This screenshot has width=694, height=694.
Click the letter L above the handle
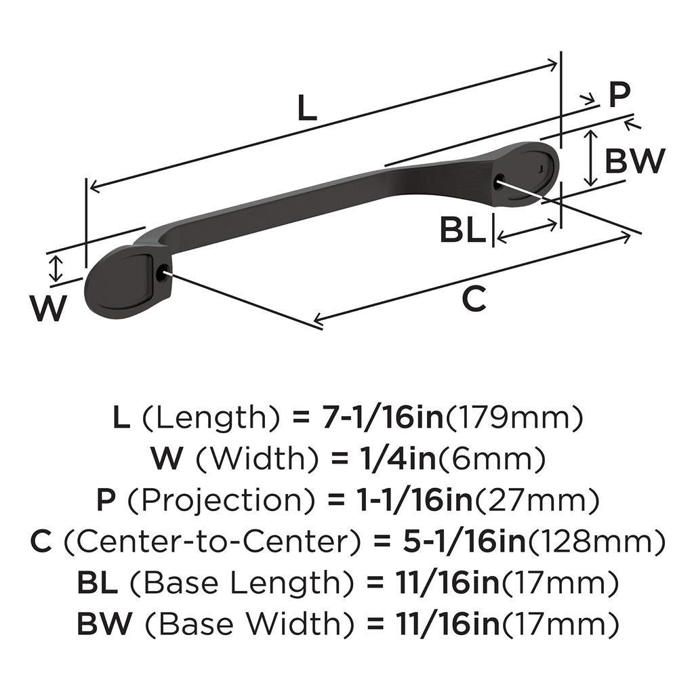tap(307, 108)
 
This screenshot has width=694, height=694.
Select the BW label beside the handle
tap(634, 161)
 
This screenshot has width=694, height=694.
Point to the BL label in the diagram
tap(462, 230)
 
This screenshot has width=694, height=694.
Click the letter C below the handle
tap(474, 299)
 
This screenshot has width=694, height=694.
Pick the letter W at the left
tap(49, 310)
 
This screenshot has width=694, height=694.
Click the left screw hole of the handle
tap(161, 273)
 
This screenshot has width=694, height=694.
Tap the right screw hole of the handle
tap(500, 181)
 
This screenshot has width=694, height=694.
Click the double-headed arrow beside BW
tap(591, 158)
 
